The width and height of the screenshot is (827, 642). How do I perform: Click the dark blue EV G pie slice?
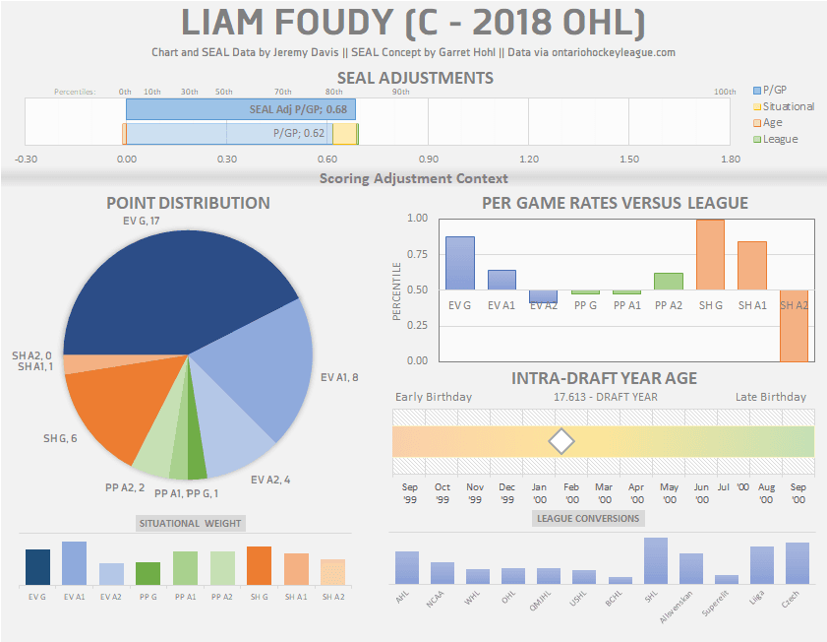167,295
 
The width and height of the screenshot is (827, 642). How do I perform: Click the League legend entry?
781,139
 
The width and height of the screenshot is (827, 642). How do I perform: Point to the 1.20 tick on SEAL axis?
528,159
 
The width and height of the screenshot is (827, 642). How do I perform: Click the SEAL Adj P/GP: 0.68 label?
298,109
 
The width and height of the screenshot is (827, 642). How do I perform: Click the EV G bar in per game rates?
460,263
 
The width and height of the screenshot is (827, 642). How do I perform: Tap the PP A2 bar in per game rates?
669,282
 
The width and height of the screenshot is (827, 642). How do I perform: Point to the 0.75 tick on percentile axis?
417,254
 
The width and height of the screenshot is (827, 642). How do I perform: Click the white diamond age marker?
561,441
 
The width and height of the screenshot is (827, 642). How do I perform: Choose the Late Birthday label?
770,397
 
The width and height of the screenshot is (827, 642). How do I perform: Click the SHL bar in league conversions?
656,560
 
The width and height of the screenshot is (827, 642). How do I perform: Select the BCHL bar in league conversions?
620,580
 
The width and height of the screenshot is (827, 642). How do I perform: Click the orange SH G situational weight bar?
259,565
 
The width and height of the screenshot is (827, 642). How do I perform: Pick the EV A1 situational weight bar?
74,562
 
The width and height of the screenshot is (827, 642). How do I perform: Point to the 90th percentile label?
401,92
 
